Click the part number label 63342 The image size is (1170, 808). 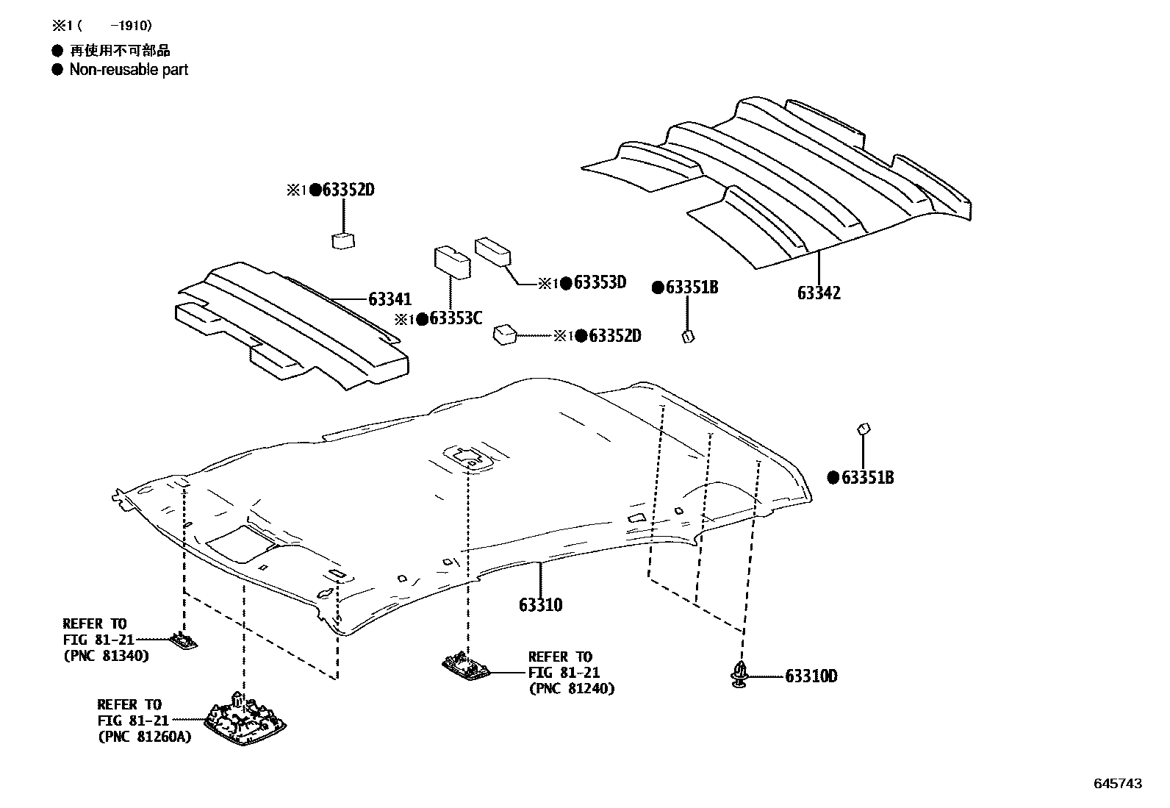tap(819, 293)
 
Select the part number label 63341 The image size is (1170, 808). tap(390, 299)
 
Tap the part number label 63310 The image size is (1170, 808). tap(540, 605)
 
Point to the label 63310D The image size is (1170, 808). tap(811, 676)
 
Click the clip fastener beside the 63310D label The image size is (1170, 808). tap(739, 675)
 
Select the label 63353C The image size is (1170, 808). tap(455, 318)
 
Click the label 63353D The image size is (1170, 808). tap(600, 282)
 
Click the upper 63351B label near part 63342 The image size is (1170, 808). tap(692, 287)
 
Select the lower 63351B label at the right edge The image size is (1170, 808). tap(867, 477)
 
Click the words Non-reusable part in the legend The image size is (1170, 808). tap(129, 70)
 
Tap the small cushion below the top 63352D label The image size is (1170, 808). tap(343, 241)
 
